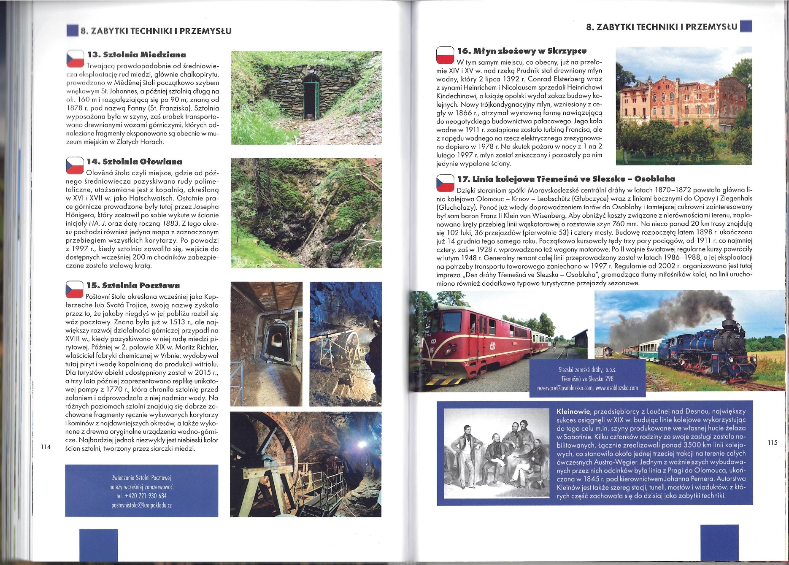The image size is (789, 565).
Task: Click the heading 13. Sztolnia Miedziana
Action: [136, 55]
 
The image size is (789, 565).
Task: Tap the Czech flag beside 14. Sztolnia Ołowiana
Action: [75, 165]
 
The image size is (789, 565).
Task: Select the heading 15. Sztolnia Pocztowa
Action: [133, 286]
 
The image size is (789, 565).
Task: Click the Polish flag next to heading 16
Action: [444, 55]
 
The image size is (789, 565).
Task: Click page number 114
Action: [45, 447]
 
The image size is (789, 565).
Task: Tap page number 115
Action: [772, 442]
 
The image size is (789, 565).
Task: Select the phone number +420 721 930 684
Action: [141, 496]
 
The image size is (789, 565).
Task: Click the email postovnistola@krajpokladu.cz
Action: [141, 505]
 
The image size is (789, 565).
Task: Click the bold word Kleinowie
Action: [573, 411]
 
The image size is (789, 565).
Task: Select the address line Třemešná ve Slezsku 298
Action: [587, 379]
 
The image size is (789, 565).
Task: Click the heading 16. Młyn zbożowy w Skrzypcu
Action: [522, 51]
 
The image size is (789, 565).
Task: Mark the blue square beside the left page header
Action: [73, 30]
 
